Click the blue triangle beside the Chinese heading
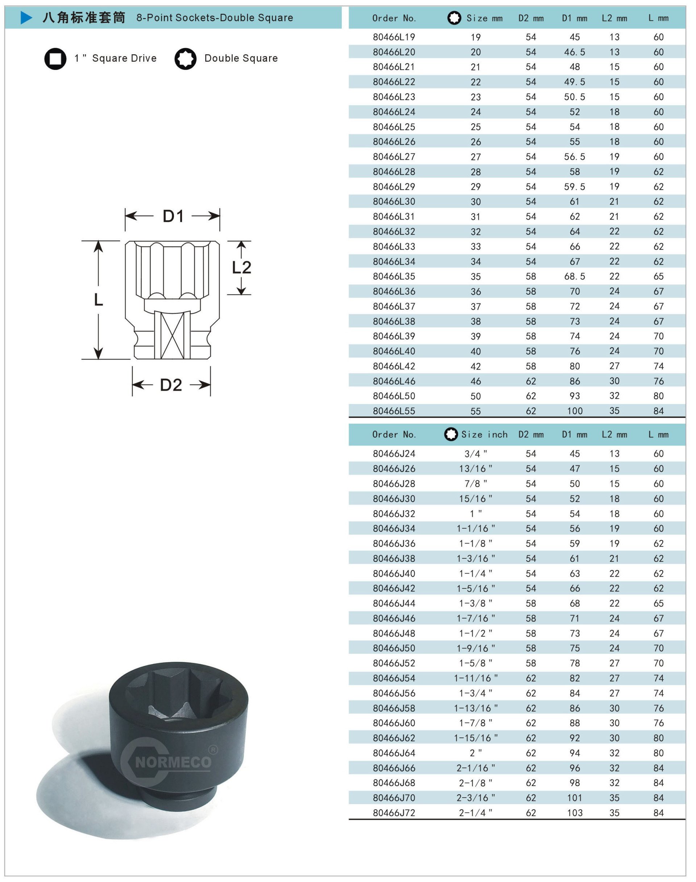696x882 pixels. tap(26, 18)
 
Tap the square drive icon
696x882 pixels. tap(55, 59)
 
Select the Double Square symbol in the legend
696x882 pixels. tap(185, 59)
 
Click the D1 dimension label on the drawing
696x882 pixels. tap(173, 216)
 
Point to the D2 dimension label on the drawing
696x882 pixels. tap(171, 385)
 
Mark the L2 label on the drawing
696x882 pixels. tap(242, 268)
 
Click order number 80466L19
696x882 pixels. tap(394, 37)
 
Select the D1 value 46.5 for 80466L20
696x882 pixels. tap(575, 52)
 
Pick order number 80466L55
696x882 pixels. tap(394, 411)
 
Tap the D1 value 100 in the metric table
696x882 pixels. tap(575, 411)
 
